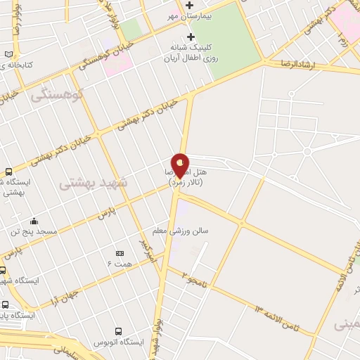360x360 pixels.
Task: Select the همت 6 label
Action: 119,262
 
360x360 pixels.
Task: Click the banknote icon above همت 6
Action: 120,252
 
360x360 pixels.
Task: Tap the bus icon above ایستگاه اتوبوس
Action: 118,330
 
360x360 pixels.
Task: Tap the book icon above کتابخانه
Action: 8,54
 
